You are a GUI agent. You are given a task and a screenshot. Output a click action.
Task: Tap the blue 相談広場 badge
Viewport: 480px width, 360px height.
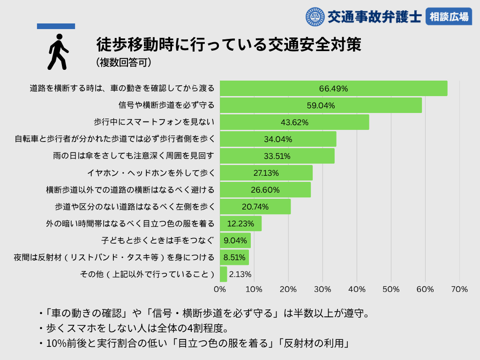coord(449,17)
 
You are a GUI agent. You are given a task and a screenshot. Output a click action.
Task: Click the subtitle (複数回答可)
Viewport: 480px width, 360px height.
coord(123,62)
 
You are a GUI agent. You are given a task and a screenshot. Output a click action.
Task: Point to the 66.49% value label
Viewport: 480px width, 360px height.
coord(333,89)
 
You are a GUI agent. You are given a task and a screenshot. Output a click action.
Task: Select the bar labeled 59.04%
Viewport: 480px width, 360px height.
coord(321,105)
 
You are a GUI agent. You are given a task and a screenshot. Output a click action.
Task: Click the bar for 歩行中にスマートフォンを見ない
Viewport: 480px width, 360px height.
coord(294,122)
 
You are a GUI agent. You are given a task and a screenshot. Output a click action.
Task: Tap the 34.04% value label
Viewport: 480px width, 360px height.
coord(278,139)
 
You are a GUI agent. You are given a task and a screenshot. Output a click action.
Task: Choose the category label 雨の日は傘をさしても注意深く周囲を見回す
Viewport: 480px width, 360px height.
coord(134,156)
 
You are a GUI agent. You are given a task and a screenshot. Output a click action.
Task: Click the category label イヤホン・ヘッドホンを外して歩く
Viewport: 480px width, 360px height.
coord(151,173)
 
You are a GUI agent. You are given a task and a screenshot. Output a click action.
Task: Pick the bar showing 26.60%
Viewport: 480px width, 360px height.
coord(265,190)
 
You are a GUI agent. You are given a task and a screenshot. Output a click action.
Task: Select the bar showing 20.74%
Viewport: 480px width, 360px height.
coord(255,207)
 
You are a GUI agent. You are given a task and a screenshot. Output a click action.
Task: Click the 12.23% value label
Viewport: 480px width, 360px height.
coord(240,224)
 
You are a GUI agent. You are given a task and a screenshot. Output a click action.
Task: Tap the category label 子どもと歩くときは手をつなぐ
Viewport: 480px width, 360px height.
coord(157,240)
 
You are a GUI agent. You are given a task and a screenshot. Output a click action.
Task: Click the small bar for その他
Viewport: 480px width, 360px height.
coord(224,274)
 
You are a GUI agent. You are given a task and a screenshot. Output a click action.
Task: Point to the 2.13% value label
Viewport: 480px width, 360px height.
coord(240,274)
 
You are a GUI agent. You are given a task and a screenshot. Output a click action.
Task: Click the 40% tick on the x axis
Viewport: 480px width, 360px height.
coord(357,289)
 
